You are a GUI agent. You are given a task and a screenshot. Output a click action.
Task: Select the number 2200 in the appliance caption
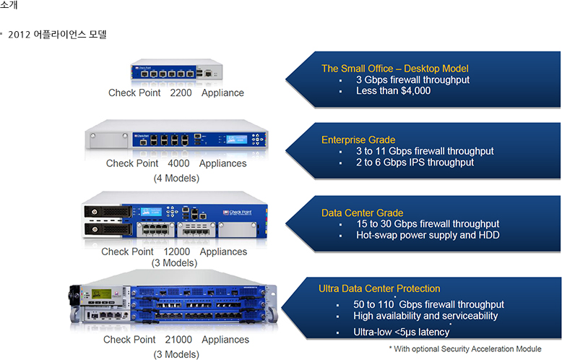tap(181, 93)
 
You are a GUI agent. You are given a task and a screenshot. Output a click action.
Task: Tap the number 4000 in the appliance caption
tap(178, 163)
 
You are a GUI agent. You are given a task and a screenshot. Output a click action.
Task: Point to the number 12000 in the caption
tap(176, 252)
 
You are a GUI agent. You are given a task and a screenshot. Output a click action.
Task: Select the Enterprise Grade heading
tap(358, 140)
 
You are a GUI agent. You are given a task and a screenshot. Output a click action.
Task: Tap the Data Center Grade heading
tap(362, 213)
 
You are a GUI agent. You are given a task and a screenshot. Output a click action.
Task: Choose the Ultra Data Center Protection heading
tap(379, 288)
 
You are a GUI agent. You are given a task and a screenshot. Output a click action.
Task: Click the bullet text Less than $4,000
tap(393, 91)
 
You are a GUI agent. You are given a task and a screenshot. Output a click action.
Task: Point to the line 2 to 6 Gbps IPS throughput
tap(415, 163)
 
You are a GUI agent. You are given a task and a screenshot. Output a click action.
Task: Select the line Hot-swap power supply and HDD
tap(428, 235)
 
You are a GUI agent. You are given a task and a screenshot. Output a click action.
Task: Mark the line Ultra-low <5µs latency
tap(401, 332)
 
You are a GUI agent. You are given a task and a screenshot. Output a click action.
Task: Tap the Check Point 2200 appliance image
tap(176, 71)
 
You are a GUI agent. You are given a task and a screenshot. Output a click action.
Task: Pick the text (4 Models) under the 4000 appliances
tap(176, 178)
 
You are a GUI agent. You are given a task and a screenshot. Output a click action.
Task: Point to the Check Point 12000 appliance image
tap(176, 216)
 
